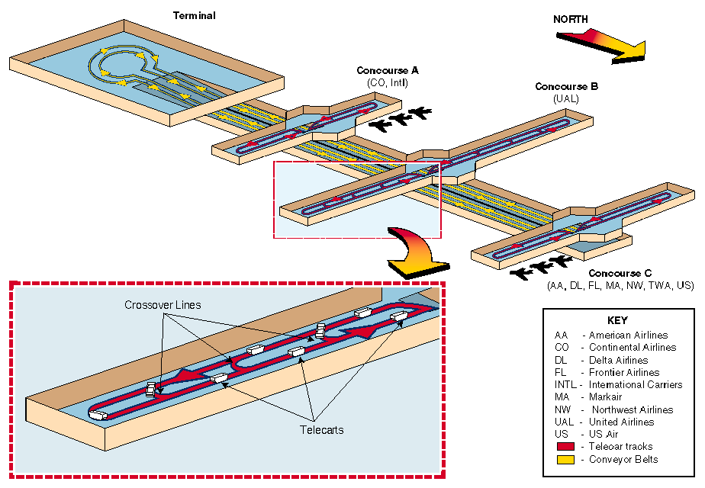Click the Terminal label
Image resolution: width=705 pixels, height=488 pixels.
point(195,16)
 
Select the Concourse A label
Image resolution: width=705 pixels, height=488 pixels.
point(388,71)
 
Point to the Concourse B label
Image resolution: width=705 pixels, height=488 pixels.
point(566,87)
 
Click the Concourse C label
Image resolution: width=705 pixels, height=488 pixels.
point(620,273)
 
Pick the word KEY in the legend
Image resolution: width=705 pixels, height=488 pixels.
point(617,320)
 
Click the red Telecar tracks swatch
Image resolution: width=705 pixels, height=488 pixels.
point(566,447)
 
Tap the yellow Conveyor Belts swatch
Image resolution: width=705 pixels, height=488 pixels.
point(566,459)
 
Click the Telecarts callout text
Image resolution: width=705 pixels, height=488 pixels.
point(321,430)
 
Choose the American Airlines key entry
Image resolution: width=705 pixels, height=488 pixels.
point(627,335)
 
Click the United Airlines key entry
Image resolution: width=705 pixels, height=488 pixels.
point(621,422)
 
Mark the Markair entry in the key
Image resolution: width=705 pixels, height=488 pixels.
point(605,397)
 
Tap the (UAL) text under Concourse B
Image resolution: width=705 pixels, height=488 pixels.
point(566,99)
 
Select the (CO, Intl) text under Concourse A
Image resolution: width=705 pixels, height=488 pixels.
point(388,82)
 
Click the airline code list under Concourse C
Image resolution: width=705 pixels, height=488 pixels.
point(620,285)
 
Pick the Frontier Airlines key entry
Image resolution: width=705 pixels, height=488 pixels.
point(624,372)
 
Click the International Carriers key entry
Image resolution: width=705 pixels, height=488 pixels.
point(635,385)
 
